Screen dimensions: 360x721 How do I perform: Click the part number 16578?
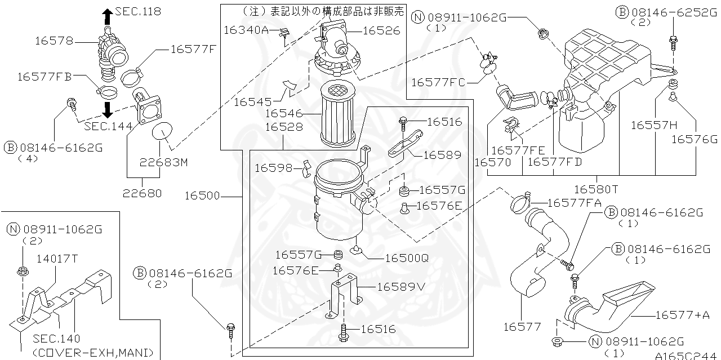pos(54,41)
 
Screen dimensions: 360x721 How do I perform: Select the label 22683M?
pos(163,162)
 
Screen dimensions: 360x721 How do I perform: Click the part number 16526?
pos(381,31)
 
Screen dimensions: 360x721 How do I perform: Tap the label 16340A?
pos(246,30)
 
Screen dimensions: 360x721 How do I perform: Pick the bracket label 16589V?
pos(400,287)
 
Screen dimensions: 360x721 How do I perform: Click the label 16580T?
pos(596,189)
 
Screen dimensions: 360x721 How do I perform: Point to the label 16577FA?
pos(575,202)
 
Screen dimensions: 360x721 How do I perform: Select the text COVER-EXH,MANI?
pos(93,353)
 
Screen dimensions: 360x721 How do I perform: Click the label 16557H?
pos(653,125)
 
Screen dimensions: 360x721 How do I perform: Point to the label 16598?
pos(273,168)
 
